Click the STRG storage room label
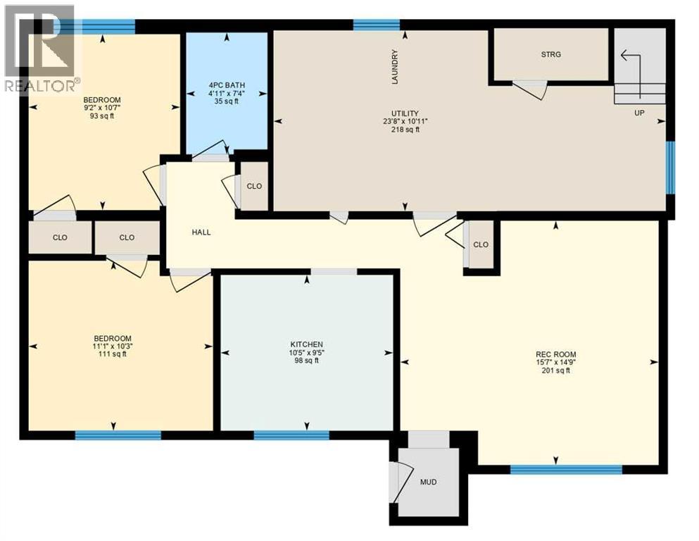(551, 54)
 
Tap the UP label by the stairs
(639, 113)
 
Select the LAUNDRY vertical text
(396, 67)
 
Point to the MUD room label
(428, 483)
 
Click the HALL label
(201, 232)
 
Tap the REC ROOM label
(555, 354)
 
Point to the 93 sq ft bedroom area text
(102, 116)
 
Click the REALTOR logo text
(41, 87)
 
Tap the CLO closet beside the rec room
(481, 244)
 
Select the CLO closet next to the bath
(254, 187)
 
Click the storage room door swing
(529, 89)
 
